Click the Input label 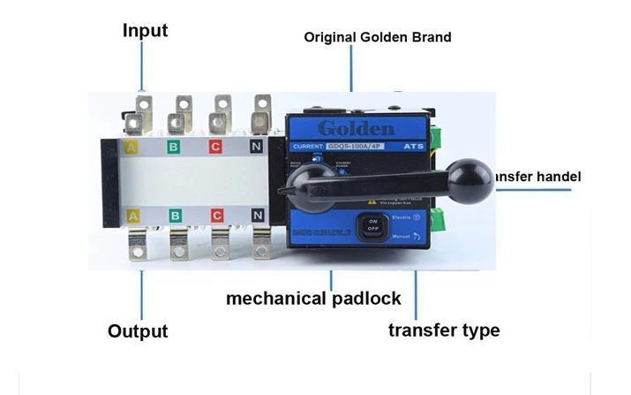click(x=145, y=31)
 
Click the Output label click(x=138, y=331)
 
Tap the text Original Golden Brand click(x=378, y=37)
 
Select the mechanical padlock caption click(x=313, y=298)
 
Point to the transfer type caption click(x=444, y=330)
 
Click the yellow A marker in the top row click(x=132, y=147)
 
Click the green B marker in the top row click(x=175, y=147)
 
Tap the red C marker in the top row click(x=215, y=147)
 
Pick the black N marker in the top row click(x=257, y=147)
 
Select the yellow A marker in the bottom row click(x=132, y=216)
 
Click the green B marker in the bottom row click(x=175, y=216)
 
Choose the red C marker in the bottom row click(x=215, y=216)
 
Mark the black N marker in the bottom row click(x=257, y=216)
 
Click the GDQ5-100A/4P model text click(x=357, y=146)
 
